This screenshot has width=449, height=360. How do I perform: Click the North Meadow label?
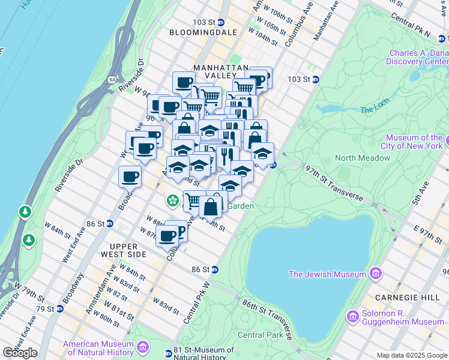(362, 158)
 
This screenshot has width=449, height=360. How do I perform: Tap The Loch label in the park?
(375, 110)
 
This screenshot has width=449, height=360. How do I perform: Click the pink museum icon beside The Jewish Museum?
(376, 274)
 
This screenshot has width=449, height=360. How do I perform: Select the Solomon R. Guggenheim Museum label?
(403, 318)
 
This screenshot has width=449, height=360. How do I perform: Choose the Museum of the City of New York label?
(414, 142)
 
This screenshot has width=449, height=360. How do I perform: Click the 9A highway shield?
(95, 78)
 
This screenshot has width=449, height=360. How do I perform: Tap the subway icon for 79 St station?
(60, 309)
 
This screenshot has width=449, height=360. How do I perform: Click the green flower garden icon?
(173, 199)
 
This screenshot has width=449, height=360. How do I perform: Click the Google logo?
(20, 352)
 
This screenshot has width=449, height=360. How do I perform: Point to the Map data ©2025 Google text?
(411, 355)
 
